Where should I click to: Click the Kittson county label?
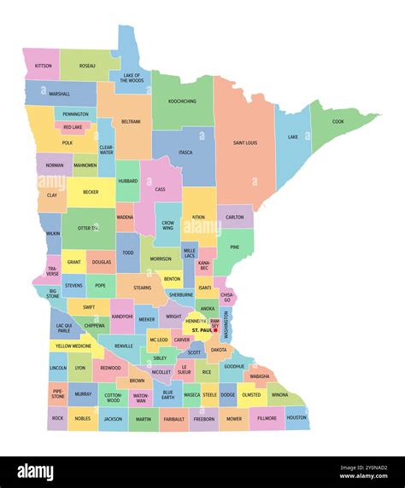42,66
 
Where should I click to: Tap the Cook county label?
337,121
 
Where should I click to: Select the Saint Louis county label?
245,142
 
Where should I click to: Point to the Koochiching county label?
182,102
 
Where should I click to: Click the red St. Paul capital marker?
215,329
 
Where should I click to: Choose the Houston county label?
296,418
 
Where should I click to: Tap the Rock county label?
57,418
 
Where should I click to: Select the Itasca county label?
185,153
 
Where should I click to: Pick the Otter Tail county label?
88,228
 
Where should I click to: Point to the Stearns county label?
142,288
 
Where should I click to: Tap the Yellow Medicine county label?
73,346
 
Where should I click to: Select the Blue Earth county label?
167,394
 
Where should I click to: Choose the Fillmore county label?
267,418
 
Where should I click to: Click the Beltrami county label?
131,122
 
